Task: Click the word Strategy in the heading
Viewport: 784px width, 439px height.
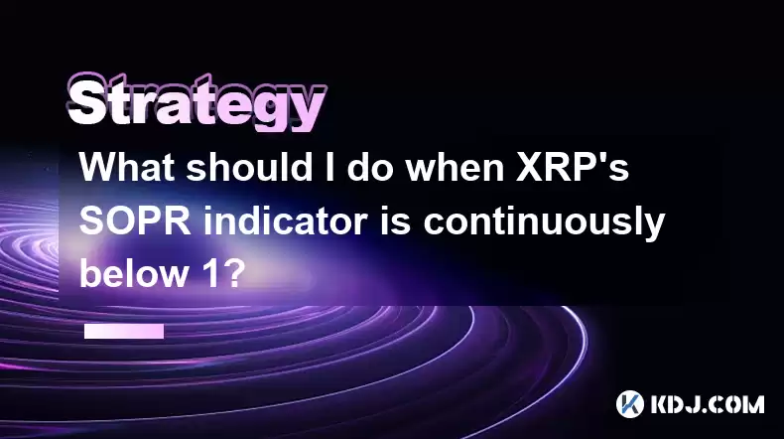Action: tap(197, 104)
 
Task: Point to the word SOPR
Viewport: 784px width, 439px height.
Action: tap(135, 220)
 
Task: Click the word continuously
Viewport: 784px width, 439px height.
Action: tap(544, 224)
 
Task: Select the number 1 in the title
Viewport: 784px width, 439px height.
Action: tap(208, 274)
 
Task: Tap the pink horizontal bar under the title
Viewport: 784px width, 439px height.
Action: tap(124, 331)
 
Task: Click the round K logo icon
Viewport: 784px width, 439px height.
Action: tap(629, 404)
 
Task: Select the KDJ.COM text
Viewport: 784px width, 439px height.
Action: tap(707, 404)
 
